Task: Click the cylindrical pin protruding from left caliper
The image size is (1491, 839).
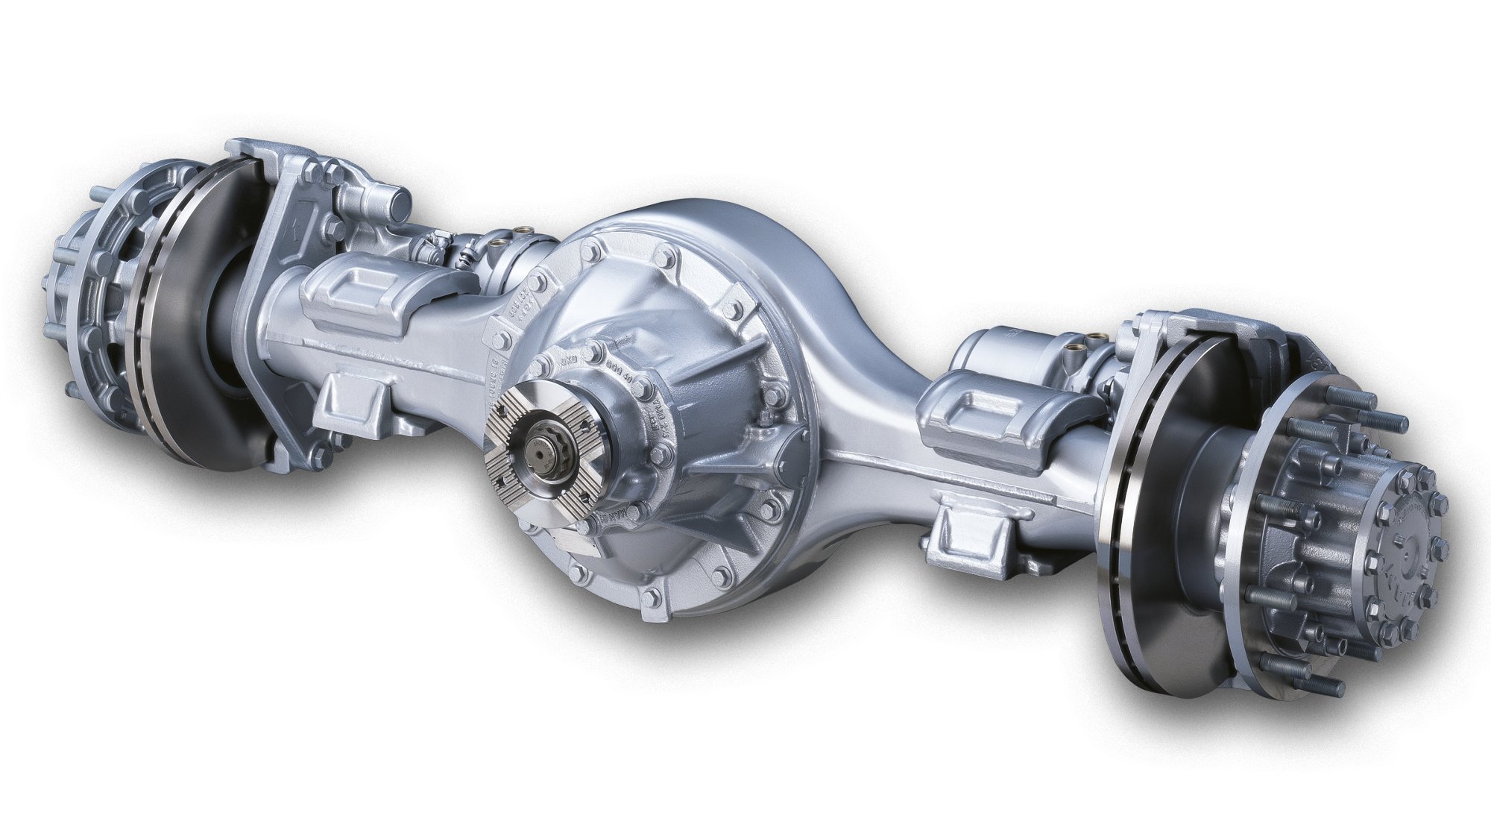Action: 391,201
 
